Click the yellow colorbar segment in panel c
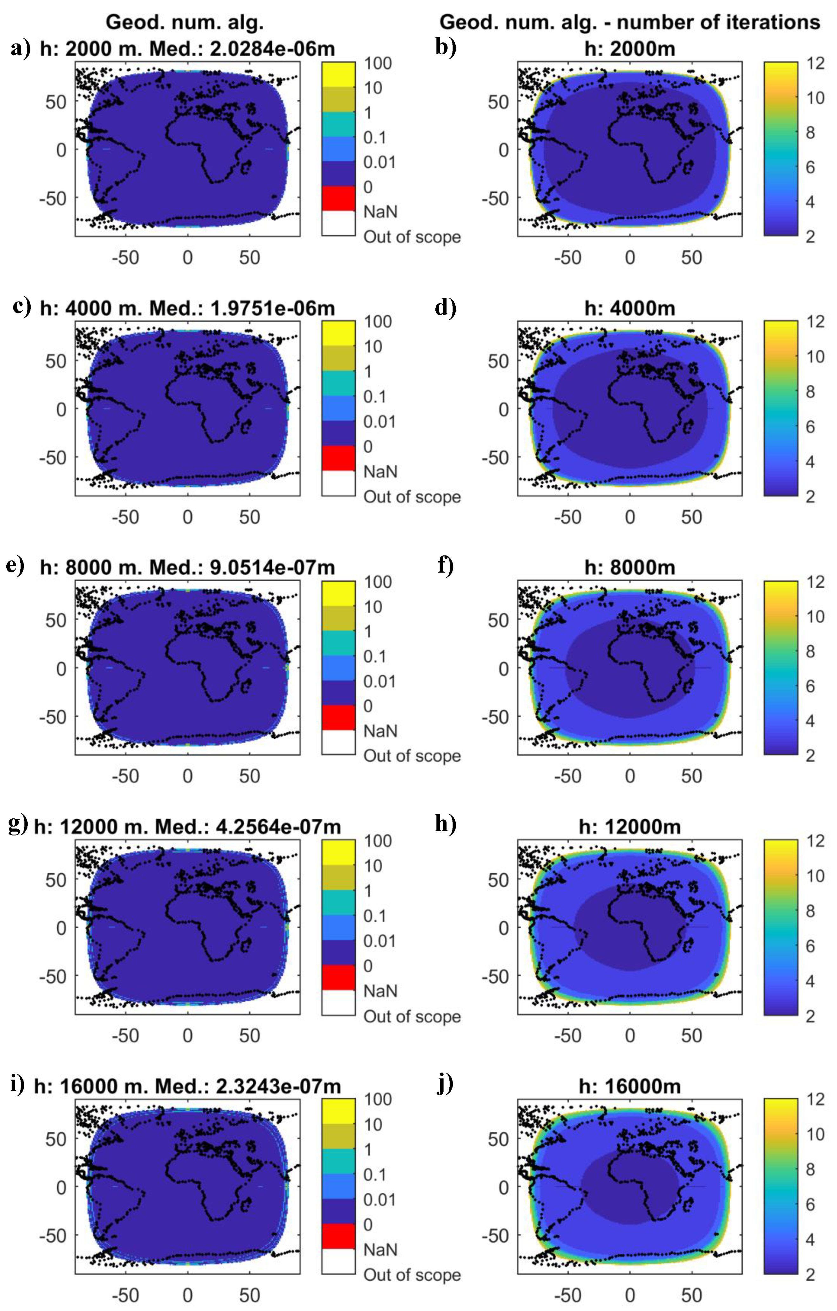point(338,333)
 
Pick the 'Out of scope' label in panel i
point(412,1275)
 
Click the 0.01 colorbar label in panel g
point(379,941)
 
